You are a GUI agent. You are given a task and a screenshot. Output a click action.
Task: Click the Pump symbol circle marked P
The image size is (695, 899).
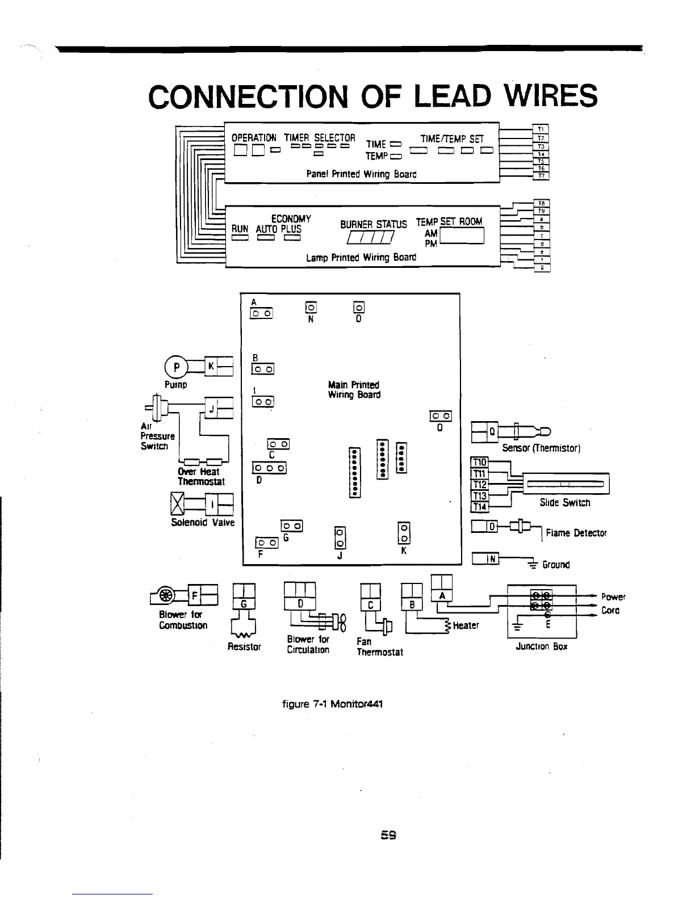(x=176, y=366)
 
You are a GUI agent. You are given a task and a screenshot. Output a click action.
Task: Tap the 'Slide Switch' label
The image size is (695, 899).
(x=564, y=503)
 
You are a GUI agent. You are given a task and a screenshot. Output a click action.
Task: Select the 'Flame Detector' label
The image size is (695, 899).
(x=576, y=533)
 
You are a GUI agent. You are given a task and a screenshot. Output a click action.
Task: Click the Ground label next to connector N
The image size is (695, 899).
(x=555, y=565)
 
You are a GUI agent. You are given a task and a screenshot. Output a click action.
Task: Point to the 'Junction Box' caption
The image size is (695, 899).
(x=541, y=646)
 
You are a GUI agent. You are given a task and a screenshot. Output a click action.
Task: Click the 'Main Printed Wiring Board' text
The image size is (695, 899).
(x=354, y=389)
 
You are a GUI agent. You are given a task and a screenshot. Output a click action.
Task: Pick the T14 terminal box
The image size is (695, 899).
(x=480, y=507)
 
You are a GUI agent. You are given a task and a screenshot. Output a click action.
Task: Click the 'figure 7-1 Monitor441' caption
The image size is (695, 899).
(x=332, y=704)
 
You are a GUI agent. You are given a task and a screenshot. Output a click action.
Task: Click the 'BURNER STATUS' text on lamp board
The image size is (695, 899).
(x=373, y=224)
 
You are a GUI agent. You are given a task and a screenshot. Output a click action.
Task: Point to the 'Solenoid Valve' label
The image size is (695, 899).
(x=203, y=522)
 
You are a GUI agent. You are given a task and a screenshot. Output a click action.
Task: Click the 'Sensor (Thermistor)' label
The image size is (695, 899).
(x=541, y=448)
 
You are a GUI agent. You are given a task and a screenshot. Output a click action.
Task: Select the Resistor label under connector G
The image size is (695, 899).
(x=244, y=646)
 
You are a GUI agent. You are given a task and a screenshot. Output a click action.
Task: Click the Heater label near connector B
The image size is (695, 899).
(x=466, y=625)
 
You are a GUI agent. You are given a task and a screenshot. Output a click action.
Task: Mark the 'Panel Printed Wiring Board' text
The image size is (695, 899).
(x=361, y=174)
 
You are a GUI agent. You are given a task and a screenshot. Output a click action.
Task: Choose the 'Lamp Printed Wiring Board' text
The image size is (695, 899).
(x=361, y=257)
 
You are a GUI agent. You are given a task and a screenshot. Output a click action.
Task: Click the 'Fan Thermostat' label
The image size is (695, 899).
(x=379, y=647)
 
